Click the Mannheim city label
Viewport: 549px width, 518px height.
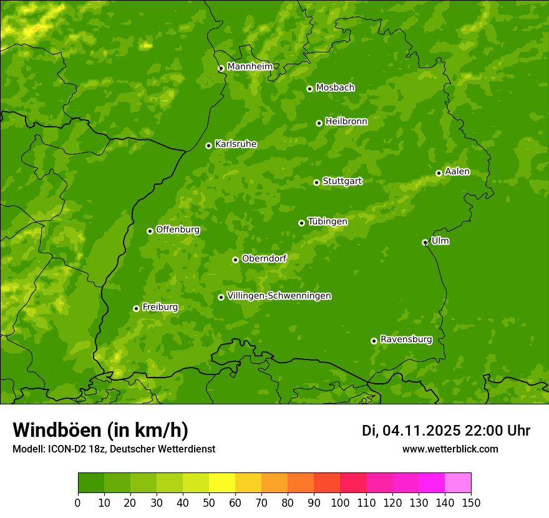250,66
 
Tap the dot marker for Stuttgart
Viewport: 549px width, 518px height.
316,182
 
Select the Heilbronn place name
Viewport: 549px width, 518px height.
346,121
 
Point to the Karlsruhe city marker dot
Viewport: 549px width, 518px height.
208,145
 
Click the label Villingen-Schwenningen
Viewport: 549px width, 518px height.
279,295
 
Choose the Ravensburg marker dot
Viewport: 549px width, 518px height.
374,341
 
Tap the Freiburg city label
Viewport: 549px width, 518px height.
160,306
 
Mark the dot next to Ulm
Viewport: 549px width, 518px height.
425,242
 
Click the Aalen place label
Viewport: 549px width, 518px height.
457,171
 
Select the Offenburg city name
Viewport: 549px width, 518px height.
177,229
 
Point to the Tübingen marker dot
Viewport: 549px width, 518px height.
301,223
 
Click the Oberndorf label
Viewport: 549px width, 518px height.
264,258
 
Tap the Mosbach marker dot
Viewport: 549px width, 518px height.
309,89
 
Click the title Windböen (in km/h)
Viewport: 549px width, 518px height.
100,430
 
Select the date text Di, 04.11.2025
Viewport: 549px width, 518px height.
411,431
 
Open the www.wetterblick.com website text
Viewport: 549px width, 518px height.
450,449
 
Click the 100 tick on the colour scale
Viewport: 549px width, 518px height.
340,502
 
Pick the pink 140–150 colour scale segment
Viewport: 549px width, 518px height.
457,483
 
